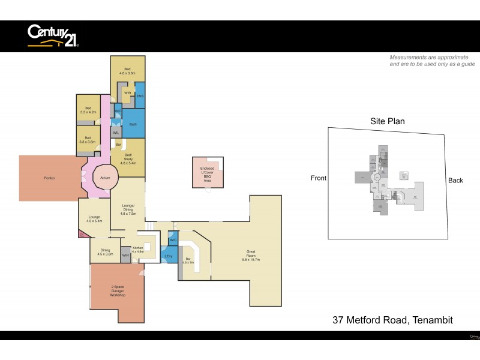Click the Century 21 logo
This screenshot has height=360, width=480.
click(53, 35)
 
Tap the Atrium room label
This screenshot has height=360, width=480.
click(105, 178)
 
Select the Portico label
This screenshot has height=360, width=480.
click(49, 178)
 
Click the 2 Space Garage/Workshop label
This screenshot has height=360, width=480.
click(117, 290)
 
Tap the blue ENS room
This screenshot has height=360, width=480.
click(140, 96)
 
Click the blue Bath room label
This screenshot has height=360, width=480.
click(133, 124)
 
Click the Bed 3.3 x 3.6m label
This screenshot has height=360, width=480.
click(88, 139)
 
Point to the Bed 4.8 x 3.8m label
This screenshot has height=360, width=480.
click(127, 71)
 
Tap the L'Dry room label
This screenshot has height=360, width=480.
click(169, 257)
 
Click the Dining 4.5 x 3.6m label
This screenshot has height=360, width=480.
click(105, 252)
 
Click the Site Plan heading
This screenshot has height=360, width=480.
click(387, 121)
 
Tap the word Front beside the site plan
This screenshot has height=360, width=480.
click(319, 179)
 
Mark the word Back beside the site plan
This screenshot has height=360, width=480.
click(455, 180)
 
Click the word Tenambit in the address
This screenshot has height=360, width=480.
click(431, 320)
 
